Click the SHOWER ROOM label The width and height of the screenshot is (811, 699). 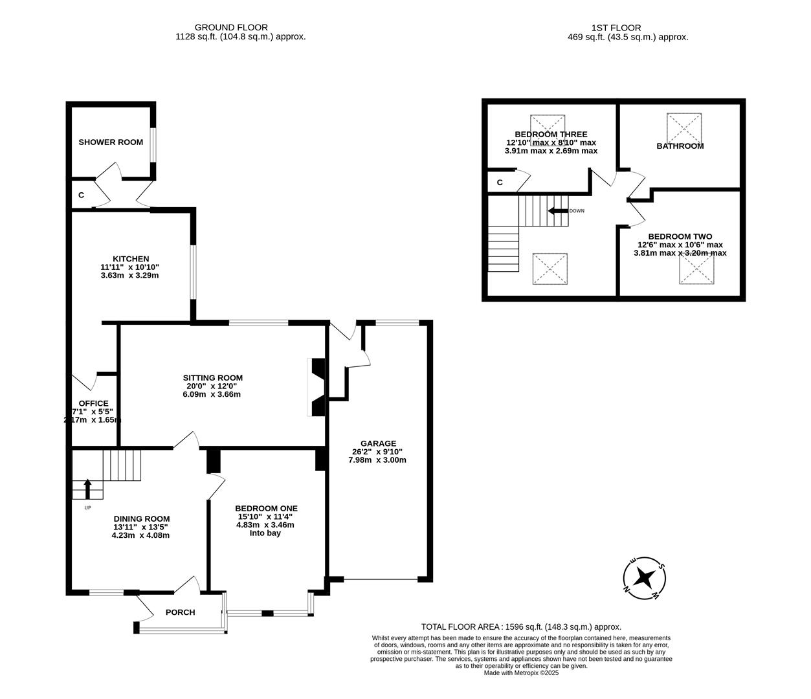(x=111, y=142)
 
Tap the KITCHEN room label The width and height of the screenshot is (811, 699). (x=131, y=259)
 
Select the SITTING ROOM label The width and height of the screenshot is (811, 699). (x=212, y=378)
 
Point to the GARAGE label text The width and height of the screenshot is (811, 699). (x=379, y=443)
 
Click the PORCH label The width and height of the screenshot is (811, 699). (x=180, y=612)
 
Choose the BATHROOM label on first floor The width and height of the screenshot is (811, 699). (x=680, y=146)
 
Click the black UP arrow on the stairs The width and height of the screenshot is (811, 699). (x=88, y=488)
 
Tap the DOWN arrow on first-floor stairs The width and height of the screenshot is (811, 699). (x=556, y=211)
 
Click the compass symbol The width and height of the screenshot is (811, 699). (x=645, y=577)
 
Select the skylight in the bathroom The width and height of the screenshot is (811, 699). (x=684, y=128)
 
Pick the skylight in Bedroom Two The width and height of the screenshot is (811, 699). (x=696, y=268)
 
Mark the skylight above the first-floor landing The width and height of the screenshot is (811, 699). (x=550, y=269)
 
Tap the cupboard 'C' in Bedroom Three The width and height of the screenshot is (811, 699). (x=500, y=183)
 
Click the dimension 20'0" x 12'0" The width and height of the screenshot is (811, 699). (x=212, y=386)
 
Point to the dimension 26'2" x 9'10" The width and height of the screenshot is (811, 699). (x=379, y=452)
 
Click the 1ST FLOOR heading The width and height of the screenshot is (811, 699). (x=616, y=28)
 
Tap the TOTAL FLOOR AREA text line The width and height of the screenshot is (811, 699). (x=521, y=627)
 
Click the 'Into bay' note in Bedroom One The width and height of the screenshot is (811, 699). (x=265, y=533)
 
